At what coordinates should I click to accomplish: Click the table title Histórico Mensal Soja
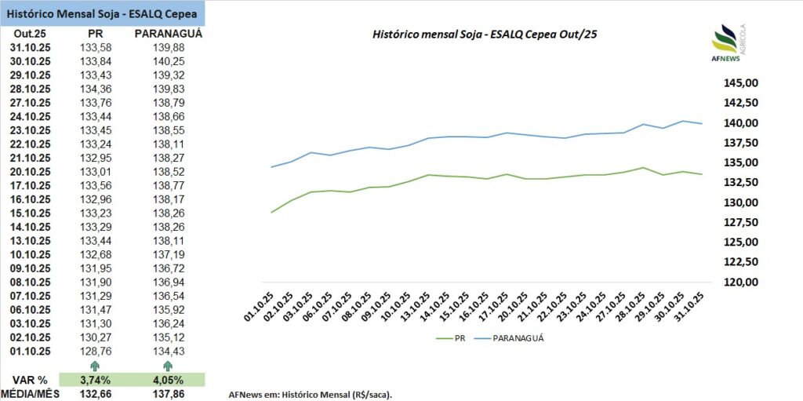click(103, 13)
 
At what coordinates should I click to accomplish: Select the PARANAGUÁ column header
click(169, 35)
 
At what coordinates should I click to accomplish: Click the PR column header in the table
click(94, 35)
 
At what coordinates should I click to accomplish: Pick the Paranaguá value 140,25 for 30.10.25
click(169, 62)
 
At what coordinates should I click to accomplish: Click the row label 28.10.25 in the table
click(31, 89)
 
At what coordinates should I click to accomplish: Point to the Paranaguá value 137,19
click(169, 254)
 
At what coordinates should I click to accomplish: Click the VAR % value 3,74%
click(95, 380)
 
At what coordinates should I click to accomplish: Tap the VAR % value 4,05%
click(167, 380)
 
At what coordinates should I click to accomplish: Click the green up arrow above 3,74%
click(95, 366)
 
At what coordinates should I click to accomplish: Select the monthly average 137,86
click(169, 394)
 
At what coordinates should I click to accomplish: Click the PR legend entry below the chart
click(452, 338)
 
